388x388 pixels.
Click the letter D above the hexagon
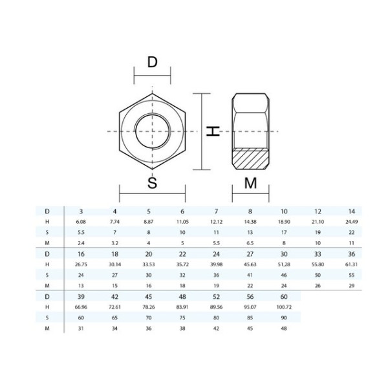pyautogui.click(x=153, y=63)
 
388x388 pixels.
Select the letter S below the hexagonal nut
pyautogui.click(x=153, y=183)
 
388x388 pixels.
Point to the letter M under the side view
pyautogui.click(x=251, y=183)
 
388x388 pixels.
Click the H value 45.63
pyautogui.click(x=250, y=264)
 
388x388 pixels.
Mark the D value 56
pyautogui.click(x=250, y=296)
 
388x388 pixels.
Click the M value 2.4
pyautogui.click(x=81, y=243)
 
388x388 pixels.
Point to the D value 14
pyautogui.click(x=351, y=211)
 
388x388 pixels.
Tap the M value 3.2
pyautogui.click(x=115, y=243)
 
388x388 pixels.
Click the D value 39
pyautogui.click(x=81, y=296)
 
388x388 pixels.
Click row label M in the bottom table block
pyautogui.click(x=47, y=329)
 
